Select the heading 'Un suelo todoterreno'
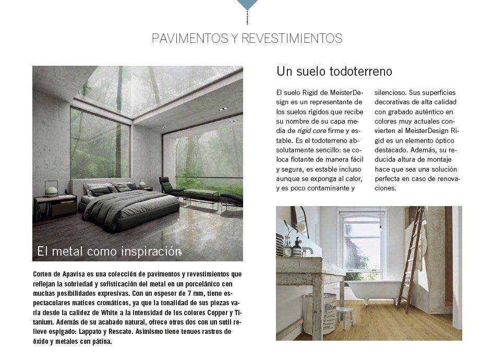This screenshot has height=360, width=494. pos(334,71)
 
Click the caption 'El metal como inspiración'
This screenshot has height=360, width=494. pos(109,251)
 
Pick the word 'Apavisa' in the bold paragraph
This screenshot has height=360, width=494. pos(75,274)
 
